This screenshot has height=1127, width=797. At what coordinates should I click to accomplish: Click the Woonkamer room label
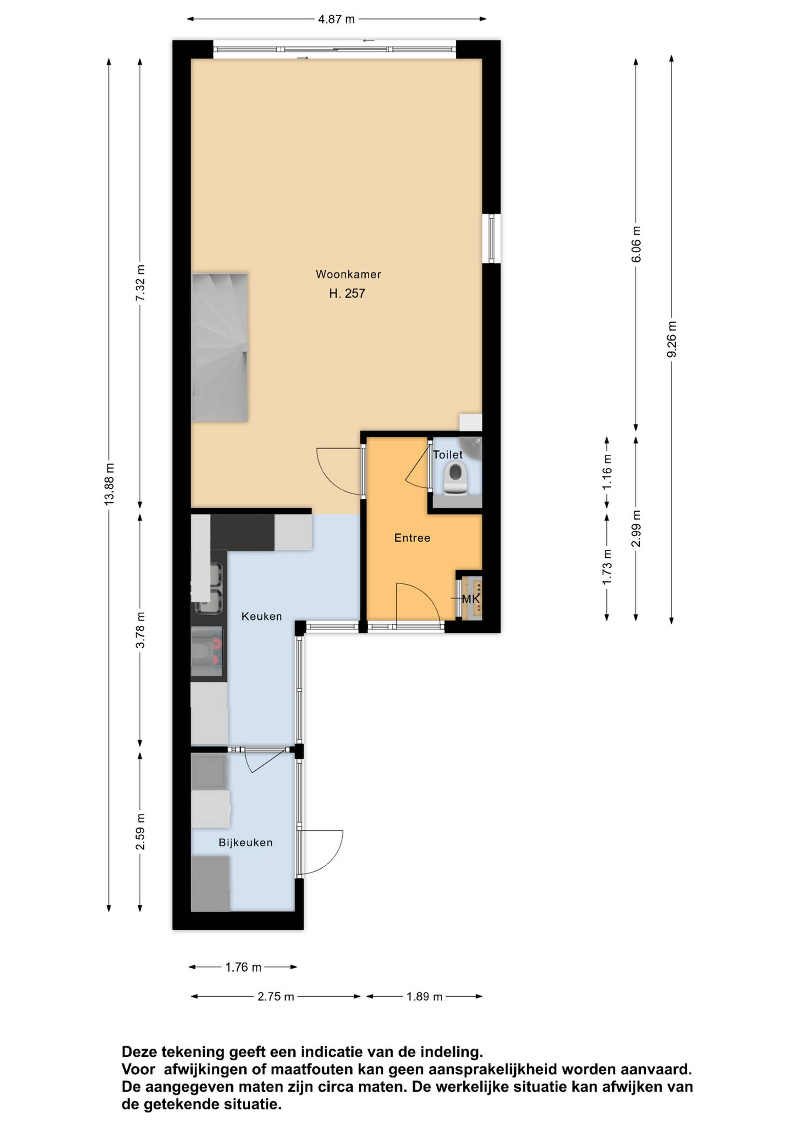[x=348, y=274]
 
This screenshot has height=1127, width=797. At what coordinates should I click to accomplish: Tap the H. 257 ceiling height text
[x=347, y=294]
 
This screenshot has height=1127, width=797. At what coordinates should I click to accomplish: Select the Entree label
[x=412, y=538]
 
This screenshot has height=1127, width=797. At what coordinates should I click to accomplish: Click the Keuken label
[x=262, y=617]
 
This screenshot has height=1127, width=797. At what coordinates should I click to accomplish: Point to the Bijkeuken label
[x=245, y=842]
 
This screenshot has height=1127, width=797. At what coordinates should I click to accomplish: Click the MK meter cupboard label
[x=471, y=599]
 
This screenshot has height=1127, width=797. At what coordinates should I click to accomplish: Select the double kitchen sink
[x=210, y=588]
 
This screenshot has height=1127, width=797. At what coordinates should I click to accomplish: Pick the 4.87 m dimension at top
[x=336, y=19]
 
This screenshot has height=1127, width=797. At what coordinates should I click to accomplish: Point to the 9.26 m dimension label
[x=671, y=339]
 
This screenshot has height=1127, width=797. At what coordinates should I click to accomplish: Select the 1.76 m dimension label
[x=243, y=967]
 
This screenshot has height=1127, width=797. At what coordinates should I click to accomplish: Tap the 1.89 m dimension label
[x=425, y=997]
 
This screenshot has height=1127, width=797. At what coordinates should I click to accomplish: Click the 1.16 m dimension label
[x=607, y=472]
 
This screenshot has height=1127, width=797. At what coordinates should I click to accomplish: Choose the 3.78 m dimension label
[x=140, y=630]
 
